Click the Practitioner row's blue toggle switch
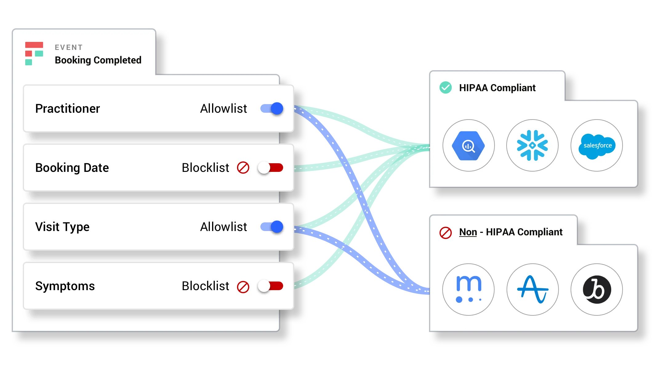[x=272, y=108]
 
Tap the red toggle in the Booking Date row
[x=271, y=168]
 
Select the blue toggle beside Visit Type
[x=272, y=227]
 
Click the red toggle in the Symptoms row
[x=271, y=286]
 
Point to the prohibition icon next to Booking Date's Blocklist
[x=243, y=168]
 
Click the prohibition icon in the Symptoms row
[x=243, y=287]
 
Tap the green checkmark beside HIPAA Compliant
[x=445, y=88]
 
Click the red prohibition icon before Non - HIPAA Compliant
[x=445, y=233]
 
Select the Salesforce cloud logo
[x=597, y=146]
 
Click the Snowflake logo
[x=532, y=145]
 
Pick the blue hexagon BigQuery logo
[x=468, y=146]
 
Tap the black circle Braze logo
[x=597, y=290]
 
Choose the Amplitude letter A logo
[x=532, y=290]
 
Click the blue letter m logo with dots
[x=468, y=290]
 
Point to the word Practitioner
[x=68, y=109]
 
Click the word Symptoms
[x=65, y=286]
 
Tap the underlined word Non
[x=468, y=232]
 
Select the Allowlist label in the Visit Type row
[x=223, y=227]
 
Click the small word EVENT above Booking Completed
[x=69, y=47]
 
